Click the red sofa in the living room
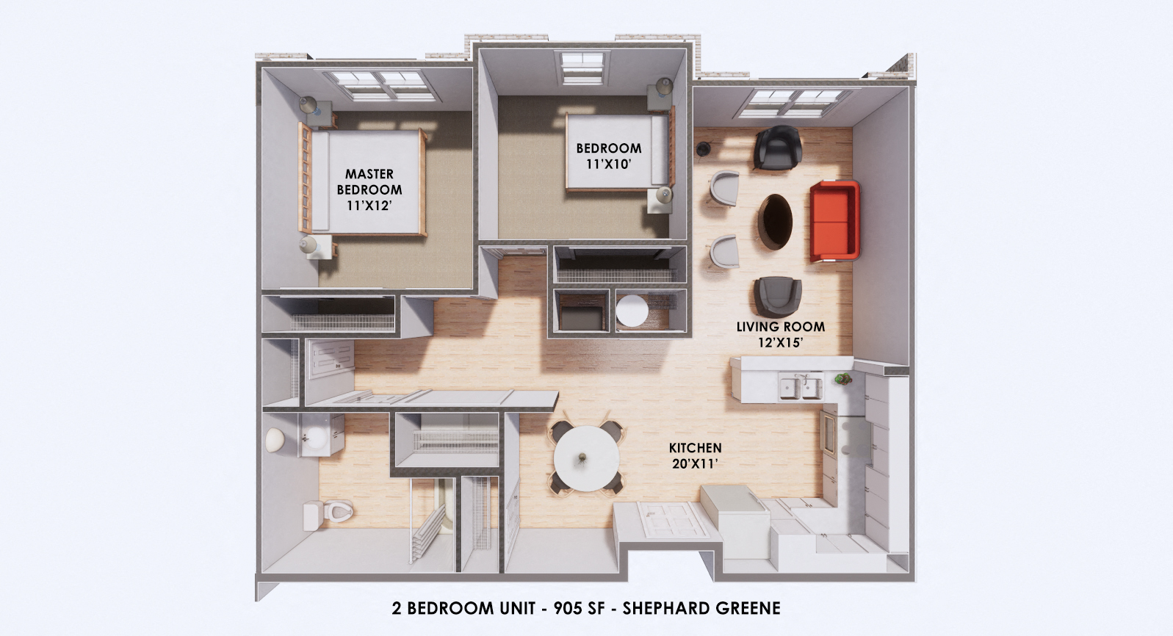834,221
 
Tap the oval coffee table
776,221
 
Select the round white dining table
585,459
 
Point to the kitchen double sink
800,387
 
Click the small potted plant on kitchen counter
841,379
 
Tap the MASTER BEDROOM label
369,189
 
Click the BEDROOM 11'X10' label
608,156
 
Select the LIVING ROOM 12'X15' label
780,334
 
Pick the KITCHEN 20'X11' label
695,455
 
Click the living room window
787,104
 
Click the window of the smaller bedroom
582,65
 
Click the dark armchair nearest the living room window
776,148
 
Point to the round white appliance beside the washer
632,310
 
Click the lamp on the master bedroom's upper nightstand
308,105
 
